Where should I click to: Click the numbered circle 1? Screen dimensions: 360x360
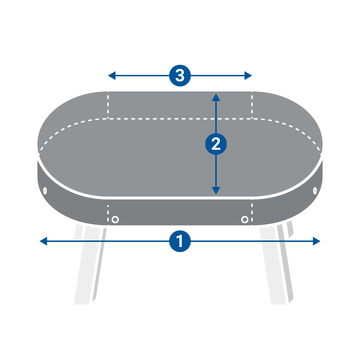[x=180, y=241]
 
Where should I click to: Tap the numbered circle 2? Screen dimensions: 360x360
[x=216, y=144]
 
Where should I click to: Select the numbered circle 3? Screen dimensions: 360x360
[x=180, y=76]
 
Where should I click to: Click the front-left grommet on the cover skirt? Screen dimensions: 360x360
[x=115, y=219]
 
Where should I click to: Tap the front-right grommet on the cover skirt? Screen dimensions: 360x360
[x=244, y=219]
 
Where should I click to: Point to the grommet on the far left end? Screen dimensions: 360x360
[x=45, y=190]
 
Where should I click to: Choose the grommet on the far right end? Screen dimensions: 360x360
[x=315, y=190]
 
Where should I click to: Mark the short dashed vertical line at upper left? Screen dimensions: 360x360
[x=108, y=105]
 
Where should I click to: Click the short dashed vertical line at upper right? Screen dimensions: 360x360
[x=252, y=105]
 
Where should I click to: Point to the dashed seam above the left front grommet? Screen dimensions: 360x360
[x=108, y=211]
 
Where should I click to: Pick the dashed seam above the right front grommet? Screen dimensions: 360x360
[x=252, y=211]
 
